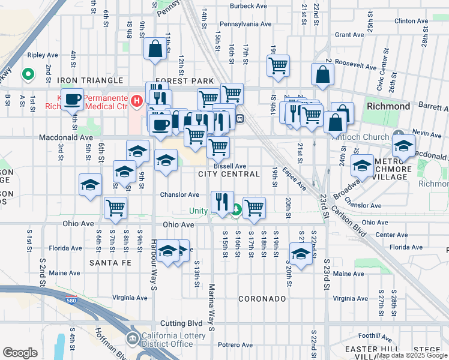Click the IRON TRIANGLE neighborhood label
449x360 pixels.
pyautogui.click(x=90, y=80)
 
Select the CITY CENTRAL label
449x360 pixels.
pyautogui.click(x=229, y=174)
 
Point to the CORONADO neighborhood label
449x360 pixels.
pyautogui.click(x=261, y=298)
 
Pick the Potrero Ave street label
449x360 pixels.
pyautogui.click(x=236, y=345)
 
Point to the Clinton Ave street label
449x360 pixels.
pyautogui.click(x=411, y=20)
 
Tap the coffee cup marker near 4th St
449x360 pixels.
pyautogui.click(x=73, y=100)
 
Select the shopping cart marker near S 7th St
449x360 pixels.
pyautogui.click(x=115, y=208)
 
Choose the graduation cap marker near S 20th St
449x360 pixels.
pyautogui.click(x=300, y=253)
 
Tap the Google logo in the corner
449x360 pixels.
pyautogui.click(x=20, y=352)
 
